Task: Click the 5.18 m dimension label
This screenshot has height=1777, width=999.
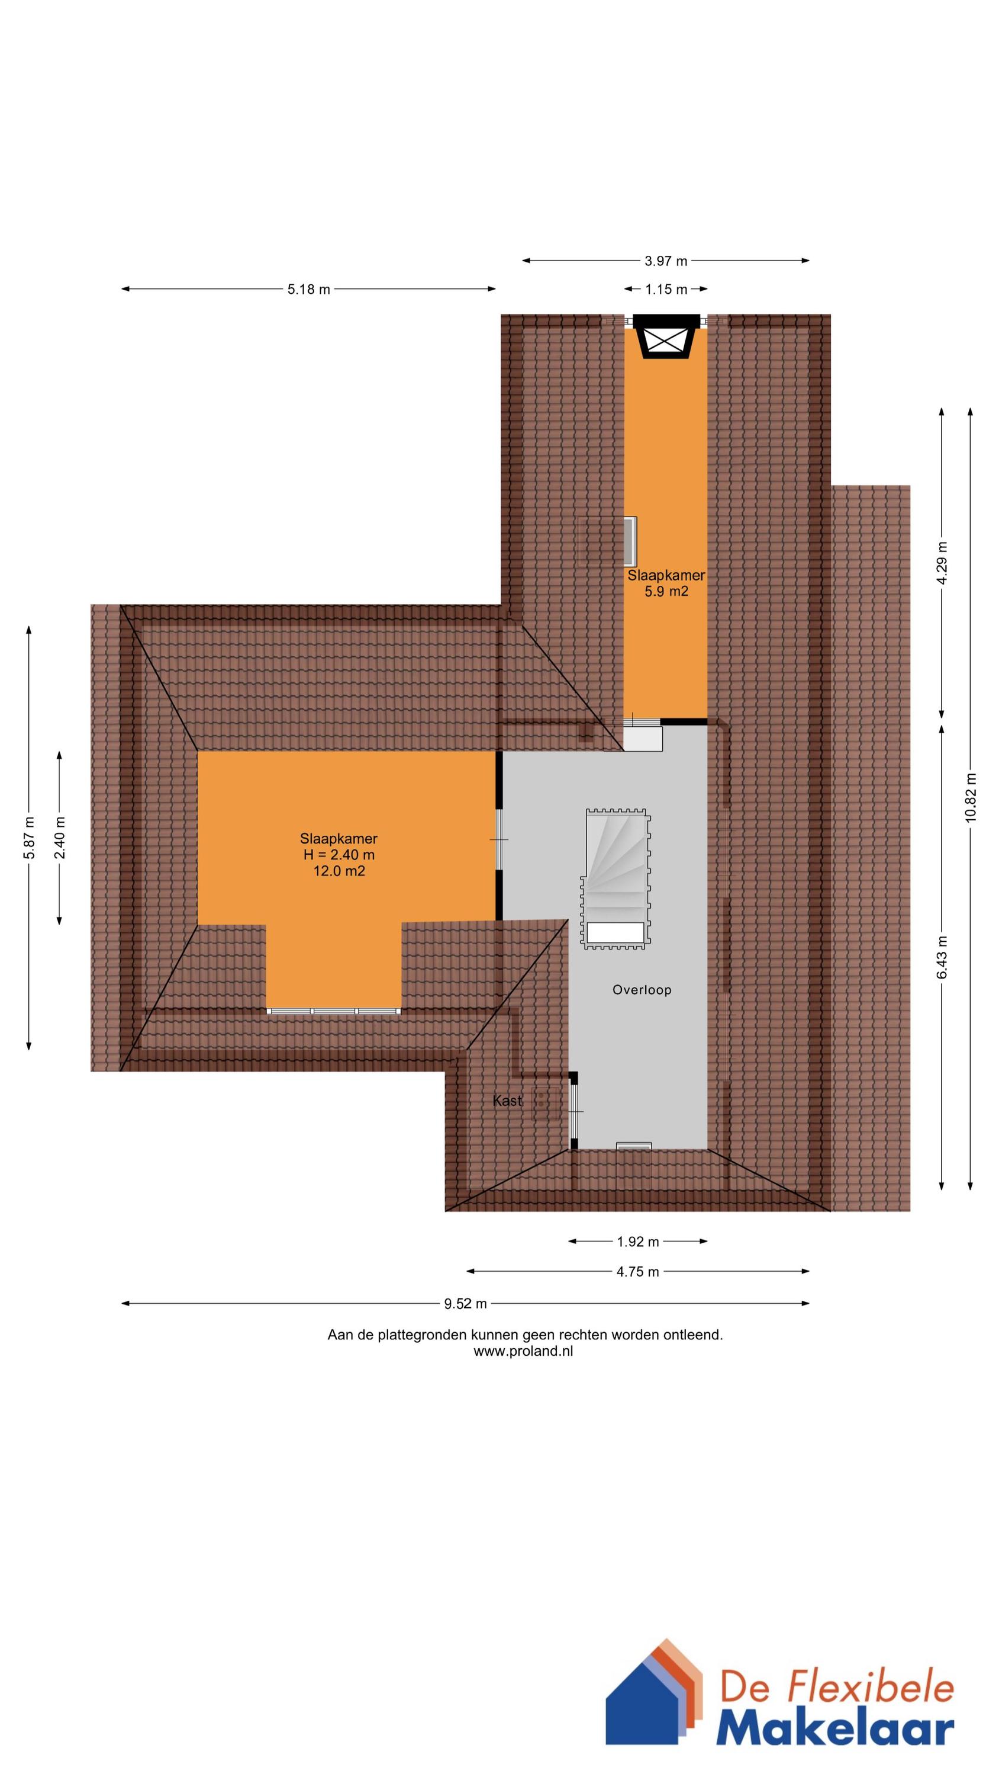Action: pyautogui.click(x=309, y=289)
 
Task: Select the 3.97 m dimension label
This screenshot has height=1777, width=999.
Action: pyautogui.click(x=666, y=261)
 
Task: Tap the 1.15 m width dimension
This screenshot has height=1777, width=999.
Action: pyautogui.click(x=666, y=289)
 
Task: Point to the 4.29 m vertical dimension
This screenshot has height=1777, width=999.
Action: pyautogui.click(x=942, y=562)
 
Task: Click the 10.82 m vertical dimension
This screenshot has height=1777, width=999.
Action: pyautogui.click(x=971, y=797)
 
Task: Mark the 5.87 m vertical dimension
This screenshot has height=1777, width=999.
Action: pyautogui.click(x=29, y=838)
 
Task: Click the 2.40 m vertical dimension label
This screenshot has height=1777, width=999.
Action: pyautogui.click(x=60, y=838)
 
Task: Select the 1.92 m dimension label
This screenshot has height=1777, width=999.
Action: pyautogui.click(x=638, y=1242)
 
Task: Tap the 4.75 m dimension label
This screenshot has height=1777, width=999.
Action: pyautogui.click(x=638, y=1271)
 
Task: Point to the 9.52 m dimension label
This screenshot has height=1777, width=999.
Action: pyautogui.click(x=465, y=1304)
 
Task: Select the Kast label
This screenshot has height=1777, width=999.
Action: pyautogui.click(x=507, y=1101)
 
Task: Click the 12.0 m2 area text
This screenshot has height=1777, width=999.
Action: pyautogui.click(x=339, y=871)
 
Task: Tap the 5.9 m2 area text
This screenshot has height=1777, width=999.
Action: pyautogui.click(x=666, y=591)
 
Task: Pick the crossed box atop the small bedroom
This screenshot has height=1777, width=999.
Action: pyautogui.click(x=666, y=337)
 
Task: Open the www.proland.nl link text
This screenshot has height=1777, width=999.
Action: pyautogui.click(x=523, y=1351)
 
